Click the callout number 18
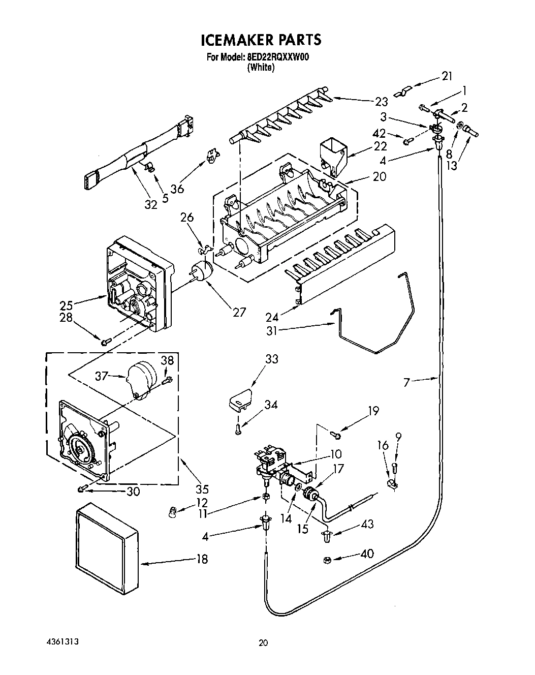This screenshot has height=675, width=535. [202, 559]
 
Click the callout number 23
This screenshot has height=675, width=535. [382, 101]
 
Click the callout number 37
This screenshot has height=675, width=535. [103, 376]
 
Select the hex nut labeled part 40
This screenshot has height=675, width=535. [328, 560]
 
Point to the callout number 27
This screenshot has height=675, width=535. [239, 312]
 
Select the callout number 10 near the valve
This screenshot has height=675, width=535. [336, 454]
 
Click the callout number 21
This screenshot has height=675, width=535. [447, 76]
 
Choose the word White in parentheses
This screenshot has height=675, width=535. [261, 68]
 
